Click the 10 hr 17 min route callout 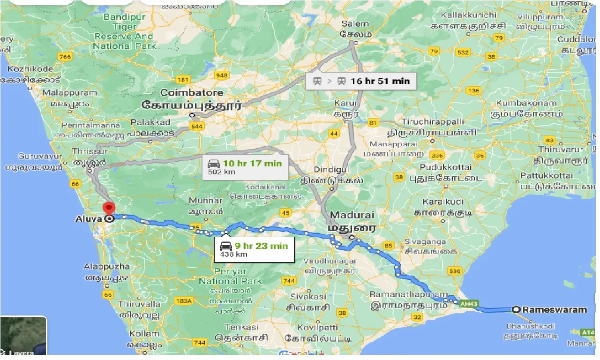point(246,167)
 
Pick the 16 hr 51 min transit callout point(360,81)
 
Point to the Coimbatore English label point(192,92)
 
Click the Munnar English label point(205,201)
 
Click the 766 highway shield point(65,57)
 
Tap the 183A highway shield point(186,300)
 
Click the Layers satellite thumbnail point(23,336)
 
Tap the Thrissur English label point(90,151)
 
